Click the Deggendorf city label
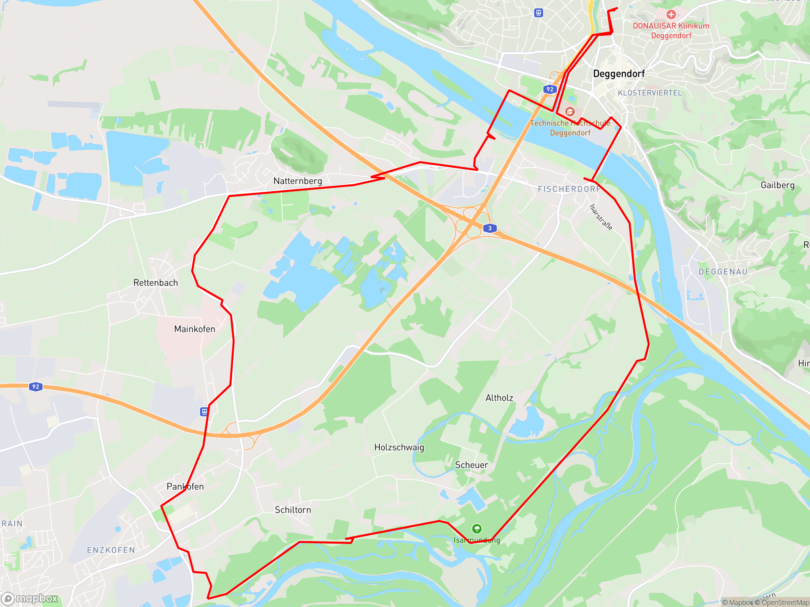point(619,74)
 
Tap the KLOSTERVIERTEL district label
point(650,93)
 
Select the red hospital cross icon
point(671,15)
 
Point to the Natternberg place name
point(298,181)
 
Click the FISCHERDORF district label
point(569,189)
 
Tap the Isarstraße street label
point(601,217)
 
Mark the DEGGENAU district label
point(723,272)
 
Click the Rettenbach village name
point(156,283)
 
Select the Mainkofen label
point(194,329)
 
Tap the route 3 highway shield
point(490,228)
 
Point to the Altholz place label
point(499,398)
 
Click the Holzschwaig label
point(399,447)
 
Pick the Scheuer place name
point(471,465)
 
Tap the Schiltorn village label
point(293,510)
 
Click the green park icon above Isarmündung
point(477,529)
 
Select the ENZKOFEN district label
point(111,550)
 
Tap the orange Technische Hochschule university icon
point(569,111)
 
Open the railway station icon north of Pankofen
point(204,412)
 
